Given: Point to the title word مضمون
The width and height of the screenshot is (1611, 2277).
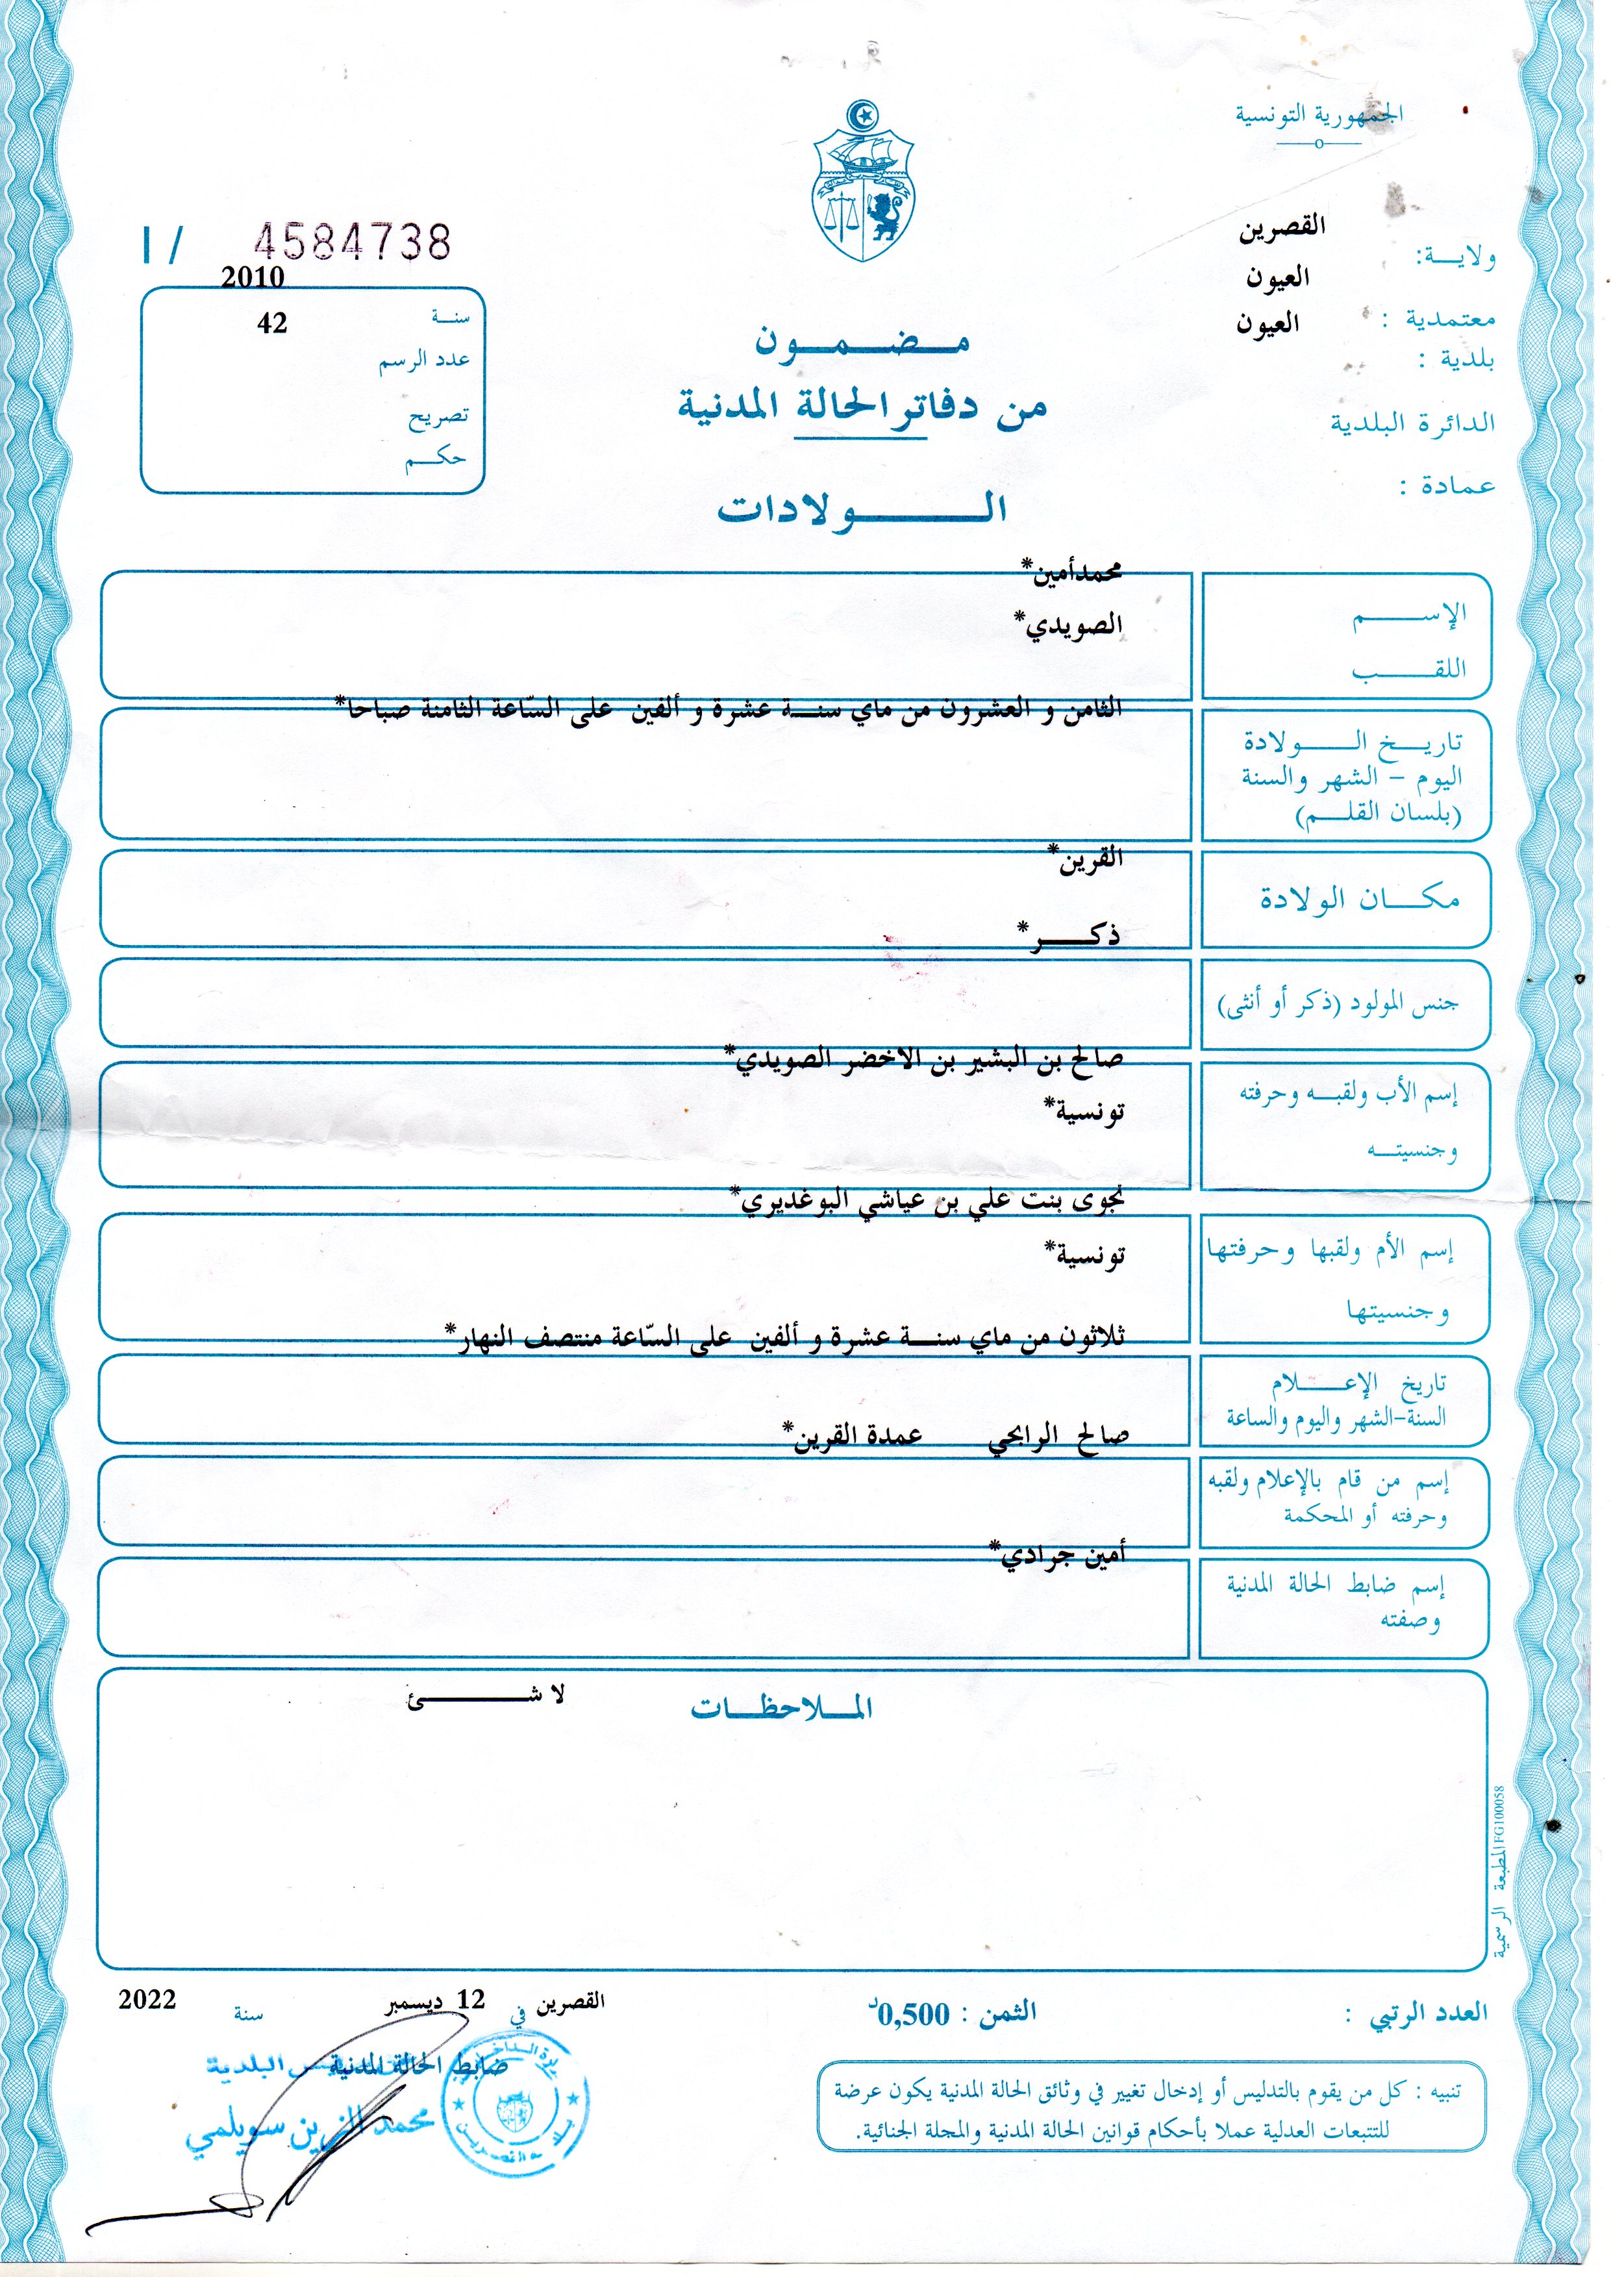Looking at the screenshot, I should point(861,342).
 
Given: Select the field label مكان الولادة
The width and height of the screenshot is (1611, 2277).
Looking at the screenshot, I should point(1359,899).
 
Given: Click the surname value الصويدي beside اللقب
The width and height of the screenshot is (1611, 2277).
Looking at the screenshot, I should point(1068,624).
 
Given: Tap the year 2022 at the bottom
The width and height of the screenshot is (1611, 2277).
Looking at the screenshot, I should point(147,1998).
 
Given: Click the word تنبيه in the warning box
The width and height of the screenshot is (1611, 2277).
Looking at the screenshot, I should point(1438,2091).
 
